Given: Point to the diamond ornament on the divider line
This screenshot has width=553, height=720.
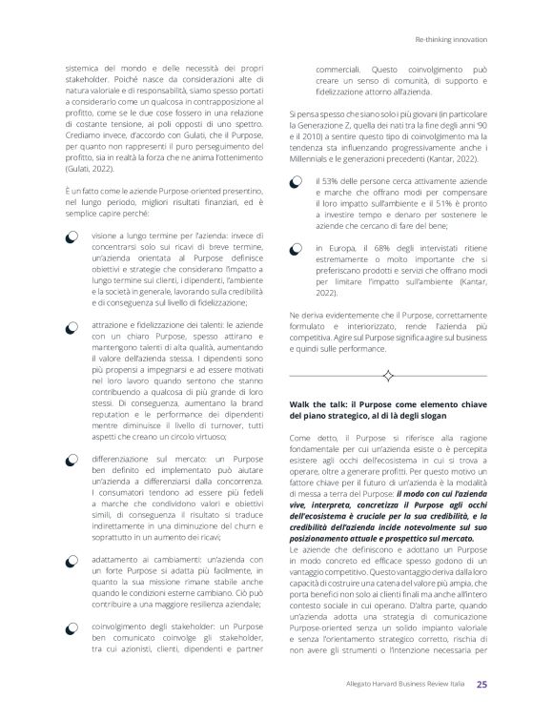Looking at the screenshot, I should tap(388, 375).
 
